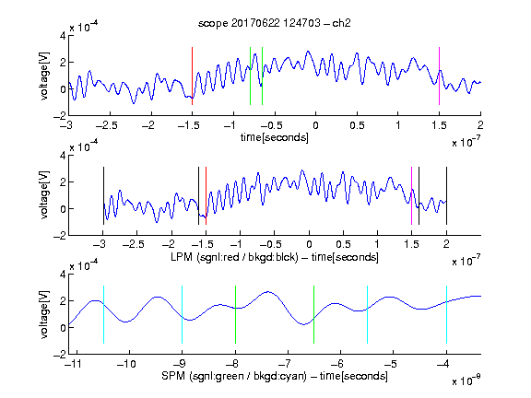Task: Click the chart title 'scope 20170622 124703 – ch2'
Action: click(275, 23)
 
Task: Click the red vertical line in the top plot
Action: click(193, 76)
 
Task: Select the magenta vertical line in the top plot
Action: click(439, 76)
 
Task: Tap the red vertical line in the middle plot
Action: click(206, 195)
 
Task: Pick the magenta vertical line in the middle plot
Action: click(411, 195)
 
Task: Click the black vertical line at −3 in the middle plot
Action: click(103, 195)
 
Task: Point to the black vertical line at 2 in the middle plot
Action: click(446, 195)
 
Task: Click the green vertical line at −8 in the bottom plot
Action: click(235, 315)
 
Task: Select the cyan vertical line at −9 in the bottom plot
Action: click(183, 315)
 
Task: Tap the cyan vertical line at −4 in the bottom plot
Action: click(446, 315)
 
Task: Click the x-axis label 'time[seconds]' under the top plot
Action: click(275, 137)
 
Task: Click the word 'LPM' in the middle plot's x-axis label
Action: click(182, 257)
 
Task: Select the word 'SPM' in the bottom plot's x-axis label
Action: click(173, 376)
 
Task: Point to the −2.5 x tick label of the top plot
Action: click(106, 125)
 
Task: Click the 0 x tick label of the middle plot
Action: click(309, 244)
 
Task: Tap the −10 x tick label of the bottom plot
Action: click(126, 364)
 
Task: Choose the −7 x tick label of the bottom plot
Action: click(287, 364)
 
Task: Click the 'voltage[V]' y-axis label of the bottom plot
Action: click(44, 314)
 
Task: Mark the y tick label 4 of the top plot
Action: click(63, 36)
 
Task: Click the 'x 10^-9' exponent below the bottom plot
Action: click(466, 380)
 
